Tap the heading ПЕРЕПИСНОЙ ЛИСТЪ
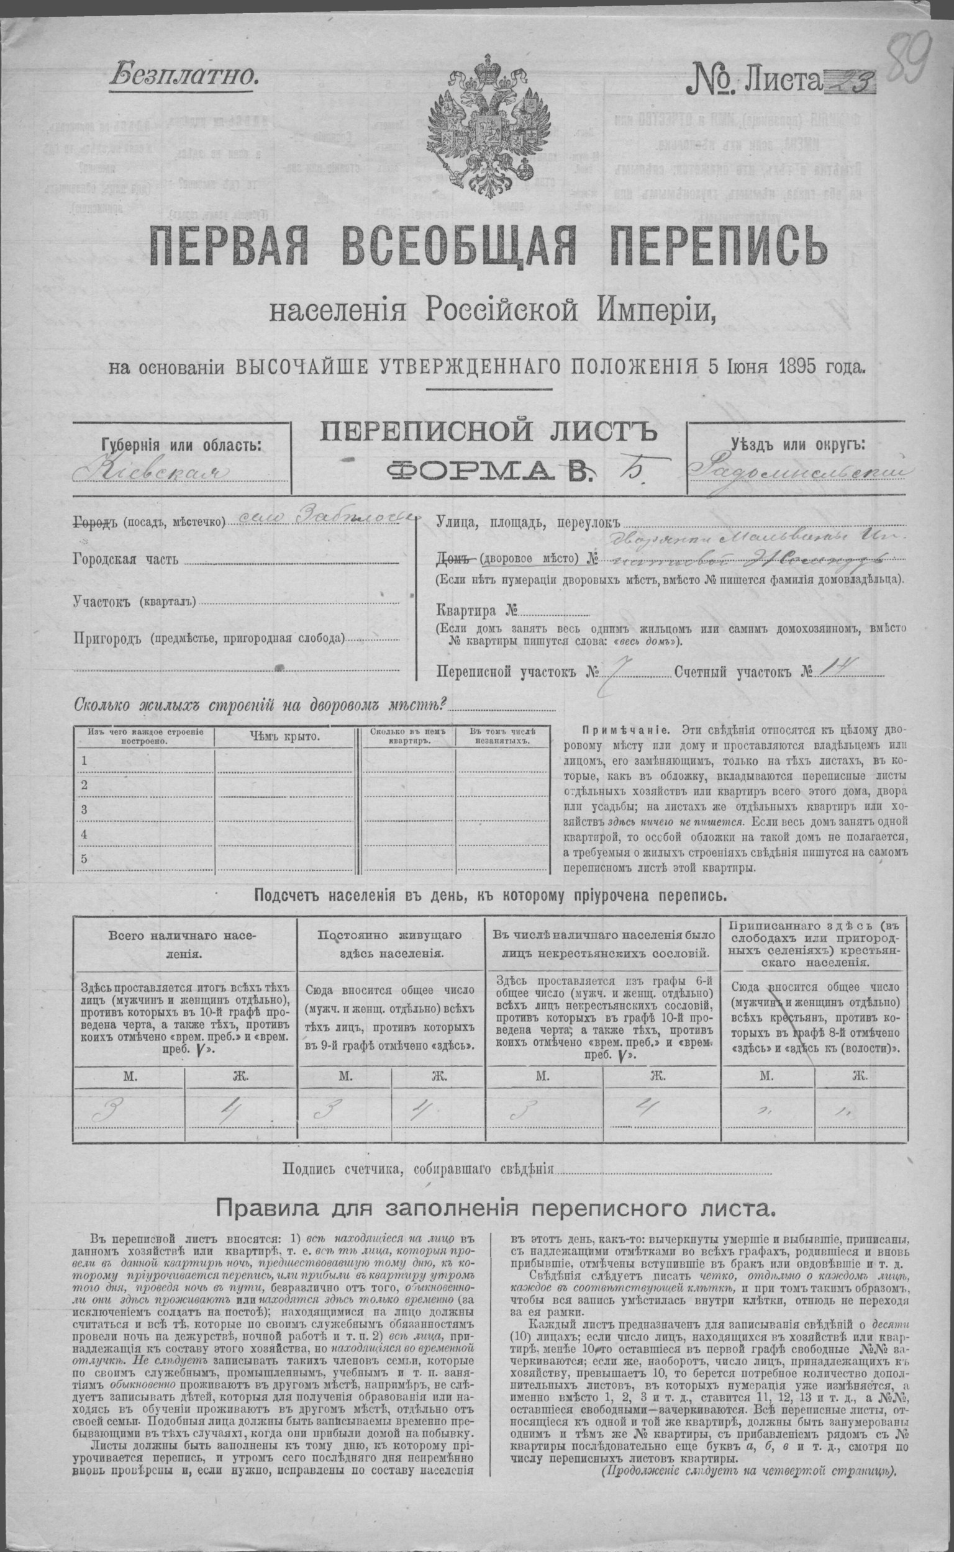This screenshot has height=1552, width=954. [489, 434]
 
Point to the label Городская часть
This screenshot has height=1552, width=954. [126, 559]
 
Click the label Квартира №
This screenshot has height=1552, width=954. [476, 610]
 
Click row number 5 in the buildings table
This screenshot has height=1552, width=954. [84, 859]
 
